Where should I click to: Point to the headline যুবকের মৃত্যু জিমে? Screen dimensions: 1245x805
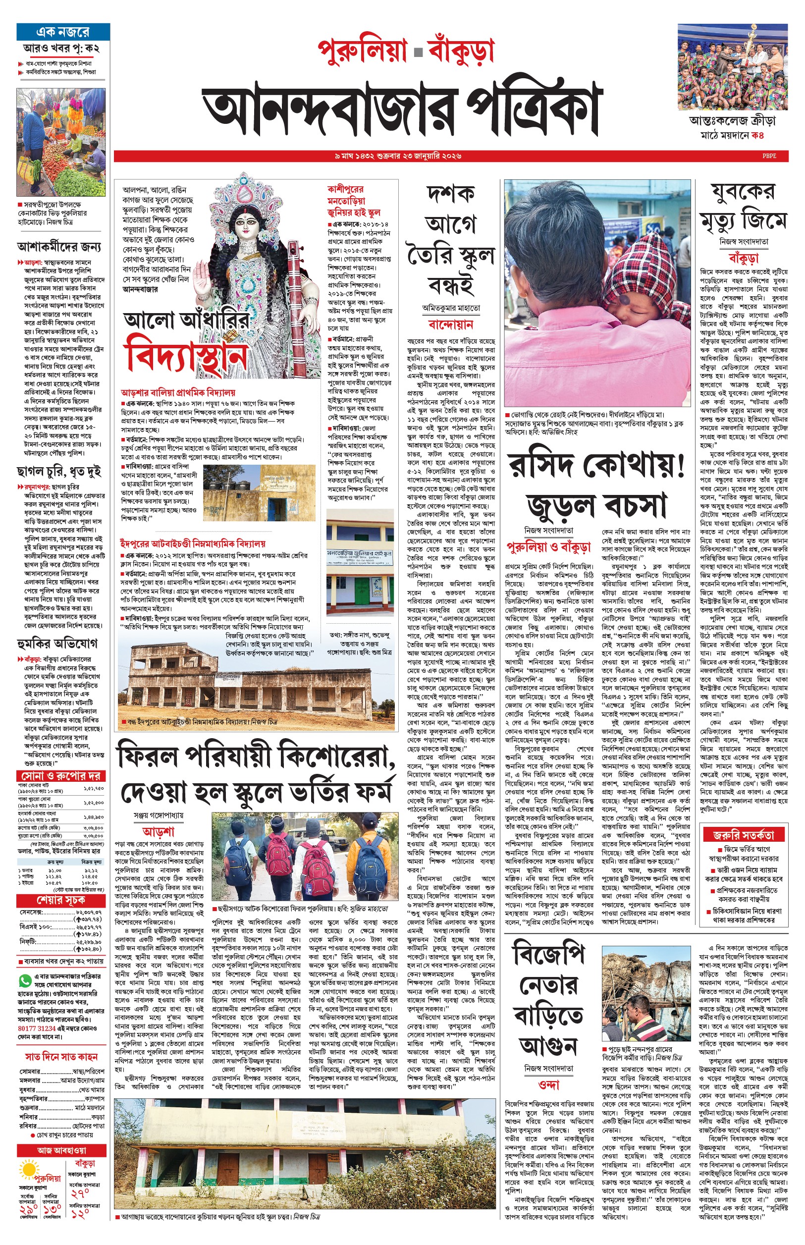click(743, 208)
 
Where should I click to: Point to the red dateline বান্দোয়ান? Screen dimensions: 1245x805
click(451, 324)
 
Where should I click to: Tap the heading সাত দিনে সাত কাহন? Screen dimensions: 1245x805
click(61, 1056)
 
